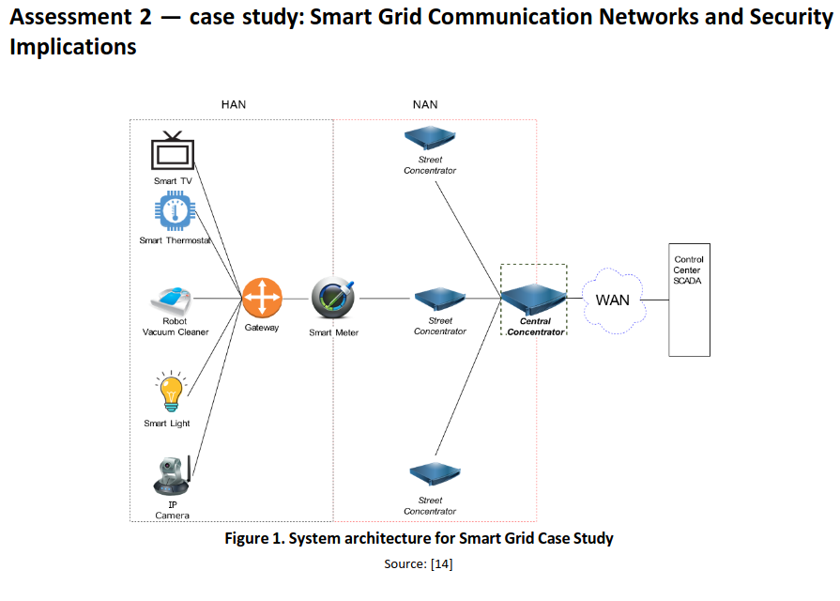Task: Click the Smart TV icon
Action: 172,150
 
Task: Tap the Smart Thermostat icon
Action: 173,212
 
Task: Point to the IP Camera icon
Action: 172,476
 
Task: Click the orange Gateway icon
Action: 262,299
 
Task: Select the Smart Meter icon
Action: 333,299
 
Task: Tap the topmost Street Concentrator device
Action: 430,138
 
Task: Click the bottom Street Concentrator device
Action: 431,472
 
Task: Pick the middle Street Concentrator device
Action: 439,300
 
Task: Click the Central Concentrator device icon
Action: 533,299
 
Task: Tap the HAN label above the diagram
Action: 234,104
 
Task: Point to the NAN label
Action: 425,104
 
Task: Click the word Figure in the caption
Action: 250,539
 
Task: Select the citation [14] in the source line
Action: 441,563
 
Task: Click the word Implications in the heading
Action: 73,47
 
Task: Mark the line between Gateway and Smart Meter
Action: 297,299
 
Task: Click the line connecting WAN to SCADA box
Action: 656,300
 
